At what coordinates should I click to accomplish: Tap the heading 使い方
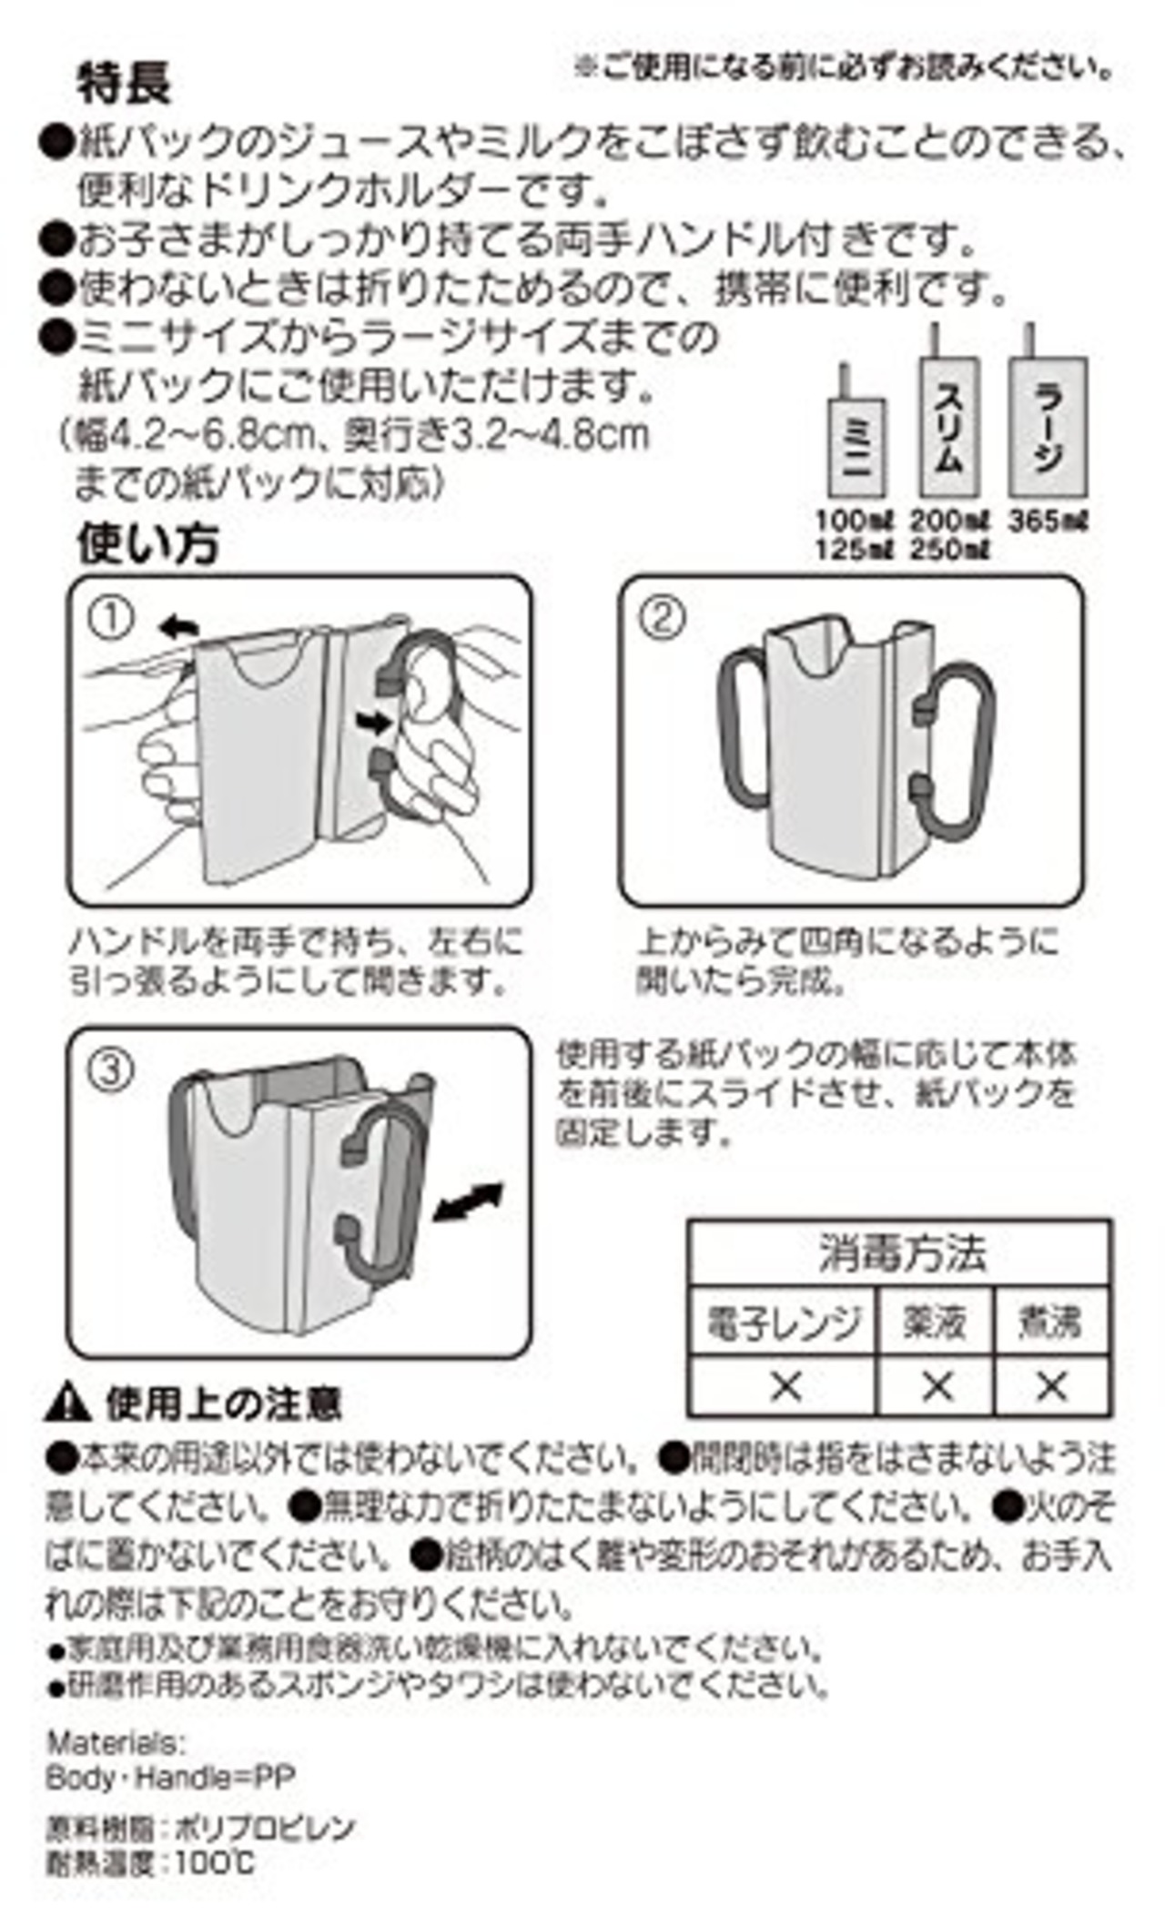[x=147, y=543]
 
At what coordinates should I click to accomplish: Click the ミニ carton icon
[x=856, y=447]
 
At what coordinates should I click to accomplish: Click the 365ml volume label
[x=1048, y=522]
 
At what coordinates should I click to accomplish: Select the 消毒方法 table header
[x=900, y=1253]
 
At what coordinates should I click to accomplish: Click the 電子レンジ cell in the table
[x=784, y=1322]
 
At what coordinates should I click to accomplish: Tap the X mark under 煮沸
[x=1051, y=1386]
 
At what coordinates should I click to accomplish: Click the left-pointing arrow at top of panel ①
[x=178, y=625]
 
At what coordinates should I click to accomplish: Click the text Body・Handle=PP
[x=170, y=1776]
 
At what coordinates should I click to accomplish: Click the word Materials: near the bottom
[x=116, y=1743]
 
